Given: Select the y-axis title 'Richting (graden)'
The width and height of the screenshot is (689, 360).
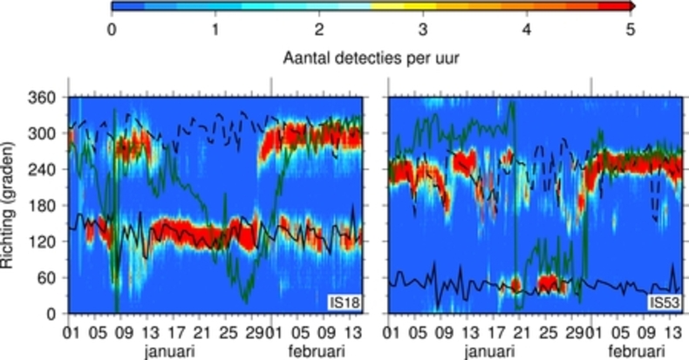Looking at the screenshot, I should [x=13, y=204].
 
